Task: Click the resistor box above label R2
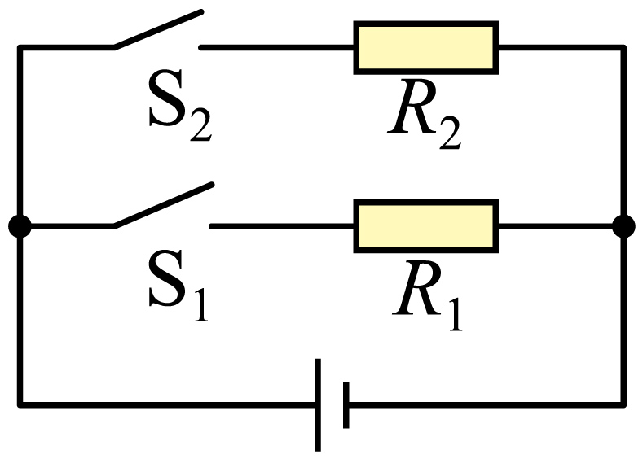click(426, 47)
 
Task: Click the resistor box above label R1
click(426, 226)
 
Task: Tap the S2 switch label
click(179, 106)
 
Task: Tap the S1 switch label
click(178, 285)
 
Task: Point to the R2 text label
click(425, 114)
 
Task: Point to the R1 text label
click(427, 295)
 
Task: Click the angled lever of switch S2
click(158, 30)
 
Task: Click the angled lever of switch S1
click(164, 205)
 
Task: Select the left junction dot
click(20, 226)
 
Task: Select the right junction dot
click(623, 226)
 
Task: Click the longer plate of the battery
click(318, 405)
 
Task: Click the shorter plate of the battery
click(346, 405)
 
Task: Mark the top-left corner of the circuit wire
click(20, 48)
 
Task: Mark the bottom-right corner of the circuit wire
click(623, 405)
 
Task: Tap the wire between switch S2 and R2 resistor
click(277, 48)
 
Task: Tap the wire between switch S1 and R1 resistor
click(282, 226)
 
